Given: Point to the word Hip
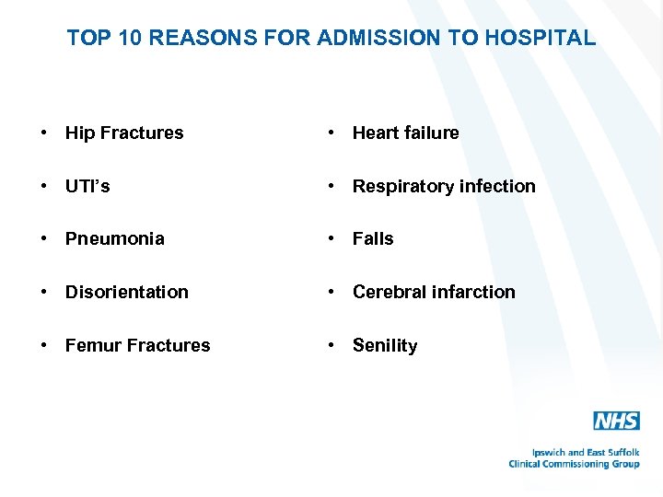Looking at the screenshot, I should tap(79, 133).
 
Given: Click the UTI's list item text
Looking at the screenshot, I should tap(87, 186).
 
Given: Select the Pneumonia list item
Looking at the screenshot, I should tap(114, 238).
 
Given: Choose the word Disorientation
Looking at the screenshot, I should tap(126, 292).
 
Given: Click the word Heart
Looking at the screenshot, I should tap(376, 133).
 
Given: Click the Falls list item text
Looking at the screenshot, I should tap(373, 238).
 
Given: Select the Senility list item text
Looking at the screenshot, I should tap(385, 345).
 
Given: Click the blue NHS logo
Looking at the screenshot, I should tap(616, 421).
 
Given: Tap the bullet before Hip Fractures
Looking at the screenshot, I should tap(43, 133).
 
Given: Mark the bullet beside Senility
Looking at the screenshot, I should tap(331, 345).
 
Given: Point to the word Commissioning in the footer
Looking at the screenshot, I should tap(576, 464).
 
